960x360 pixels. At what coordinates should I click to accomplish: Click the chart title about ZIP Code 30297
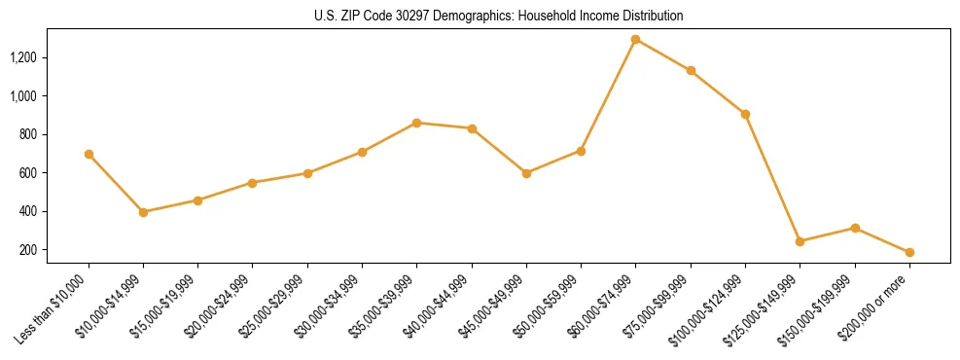499,17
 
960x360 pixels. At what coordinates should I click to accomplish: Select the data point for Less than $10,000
89,154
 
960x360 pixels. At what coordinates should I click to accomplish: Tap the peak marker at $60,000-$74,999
636,40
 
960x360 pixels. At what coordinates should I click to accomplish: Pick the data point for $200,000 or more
909,252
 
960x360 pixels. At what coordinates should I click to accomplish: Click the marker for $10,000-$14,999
143,212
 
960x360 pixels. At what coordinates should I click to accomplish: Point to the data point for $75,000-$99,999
691,70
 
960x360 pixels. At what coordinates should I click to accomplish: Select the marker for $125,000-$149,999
800,241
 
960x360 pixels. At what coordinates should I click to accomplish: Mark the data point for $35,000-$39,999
416,123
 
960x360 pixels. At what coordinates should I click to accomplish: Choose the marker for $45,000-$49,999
526,173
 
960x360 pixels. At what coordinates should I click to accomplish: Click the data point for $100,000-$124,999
745,114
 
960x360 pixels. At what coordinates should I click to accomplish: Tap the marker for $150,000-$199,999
855,228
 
